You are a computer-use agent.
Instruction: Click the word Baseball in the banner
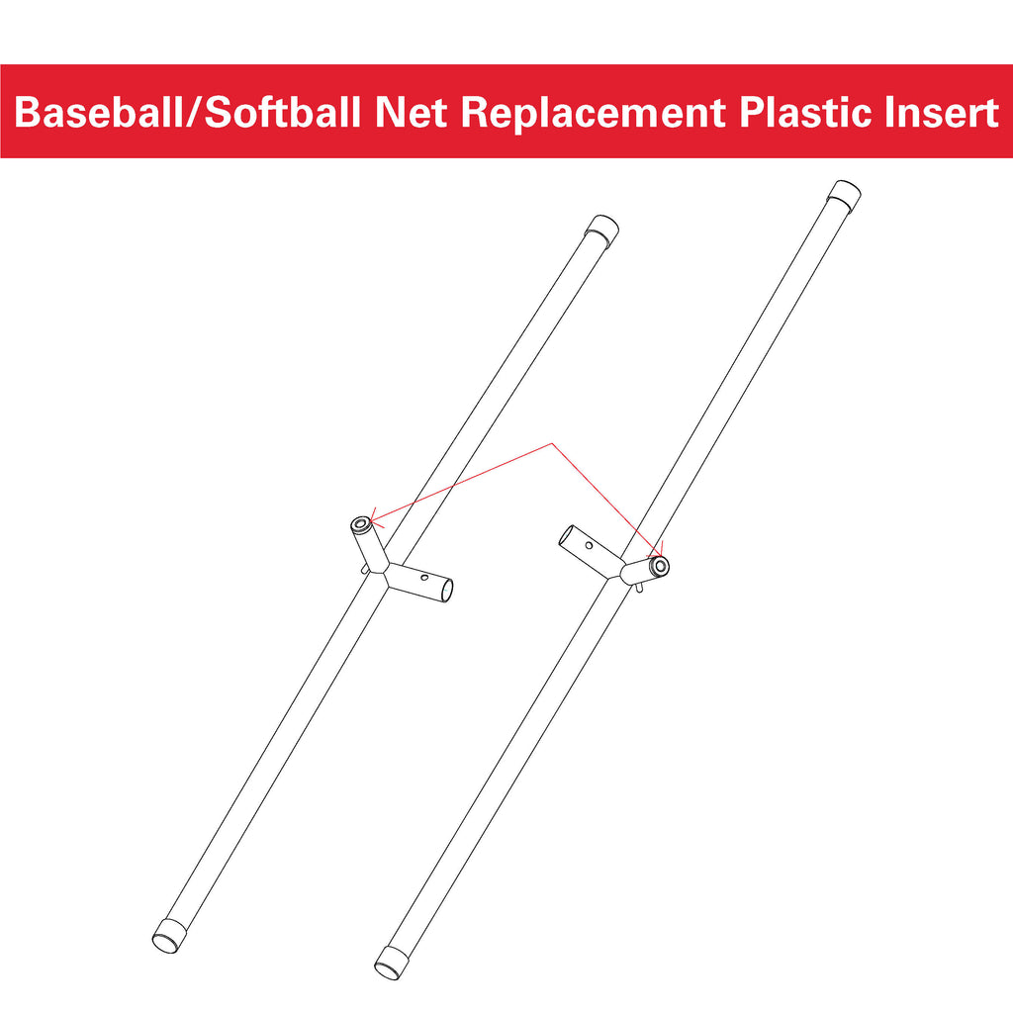point(99,112)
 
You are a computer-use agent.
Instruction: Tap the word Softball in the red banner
point(282,112)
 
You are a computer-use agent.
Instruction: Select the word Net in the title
point(412,112)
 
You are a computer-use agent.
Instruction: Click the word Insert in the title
point(942,112)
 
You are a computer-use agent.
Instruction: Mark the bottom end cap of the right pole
point(392,964)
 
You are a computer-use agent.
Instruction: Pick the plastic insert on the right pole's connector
point(660,567)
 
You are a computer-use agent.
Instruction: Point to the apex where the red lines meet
point(551,444)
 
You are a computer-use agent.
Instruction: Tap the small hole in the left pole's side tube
point(423,578)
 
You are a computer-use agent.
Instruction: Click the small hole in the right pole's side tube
point(590,546)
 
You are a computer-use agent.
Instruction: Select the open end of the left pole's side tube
point(447,591)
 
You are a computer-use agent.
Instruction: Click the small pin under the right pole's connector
point(639,588)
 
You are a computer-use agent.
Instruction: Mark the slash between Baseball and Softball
point(194,113)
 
